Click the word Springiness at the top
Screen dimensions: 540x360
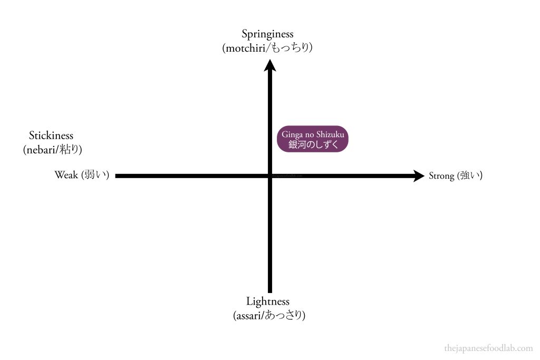[267, 34]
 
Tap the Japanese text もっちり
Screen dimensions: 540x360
[291, 47]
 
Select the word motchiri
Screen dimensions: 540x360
[246, 48]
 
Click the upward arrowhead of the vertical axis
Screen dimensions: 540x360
[270, 65]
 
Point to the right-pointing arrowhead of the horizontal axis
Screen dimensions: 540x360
[419, 176]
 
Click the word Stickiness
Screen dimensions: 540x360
[51, 135]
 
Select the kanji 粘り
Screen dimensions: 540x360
[69, 149]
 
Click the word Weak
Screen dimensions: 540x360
[66, 175]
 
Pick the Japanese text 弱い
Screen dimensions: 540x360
[95, 175]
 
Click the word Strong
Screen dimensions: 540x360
[441, 176]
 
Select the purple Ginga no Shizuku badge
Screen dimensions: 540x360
[313, 139]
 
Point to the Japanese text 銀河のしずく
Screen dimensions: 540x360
[313, 144]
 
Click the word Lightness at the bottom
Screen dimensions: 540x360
[267, 301]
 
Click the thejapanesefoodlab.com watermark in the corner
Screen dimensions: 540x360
[488, 348]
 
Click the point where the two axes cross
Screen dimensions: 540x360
[270, 176]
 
